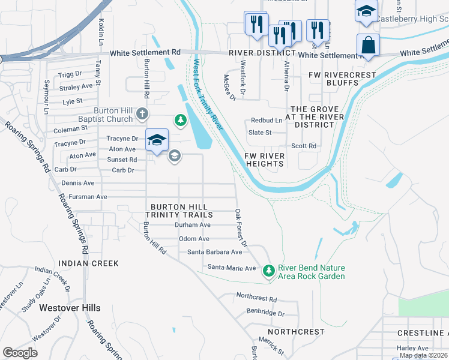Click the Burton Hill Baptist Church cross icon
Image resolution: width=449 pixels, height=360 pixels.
point(142,113)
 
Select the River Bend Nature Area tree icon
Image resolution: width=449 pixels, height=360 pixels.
point(268,271)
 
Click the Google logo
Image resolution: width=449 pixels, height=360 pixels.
point(20,353)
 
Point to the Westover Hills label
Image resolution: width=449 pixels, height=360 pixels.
point(70,308)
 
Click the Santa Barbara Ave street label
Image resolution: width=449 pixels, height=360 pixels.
point(215,253)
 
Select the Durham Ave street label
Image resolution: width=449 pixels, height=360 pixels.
point(192,225)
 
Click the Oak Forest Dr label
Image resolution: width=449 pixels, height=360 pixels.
point(241,228)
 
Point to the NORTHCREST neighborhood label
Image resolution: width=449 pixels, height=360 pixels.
point(296,332)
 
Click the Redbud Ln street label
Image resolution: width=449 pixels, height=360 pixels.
point(267,121)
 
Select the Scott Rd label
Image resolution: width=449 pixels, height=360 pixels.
point(304,146)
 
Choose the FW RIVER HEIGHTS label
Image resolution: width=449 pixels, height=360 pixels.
point(264,160)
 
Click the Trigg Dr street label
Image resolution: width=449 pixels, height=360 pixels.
point(70,74)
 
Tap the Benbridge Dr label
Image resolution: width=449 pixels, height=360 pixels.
point(265,313)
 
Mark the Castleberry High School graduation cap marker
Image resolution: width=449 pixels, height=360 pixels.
point(366,11)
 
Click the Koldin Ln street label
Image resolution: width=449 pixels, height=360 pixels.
point(100,32)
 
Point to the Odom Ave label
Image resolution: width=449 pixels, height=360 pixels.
point(194,239)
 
